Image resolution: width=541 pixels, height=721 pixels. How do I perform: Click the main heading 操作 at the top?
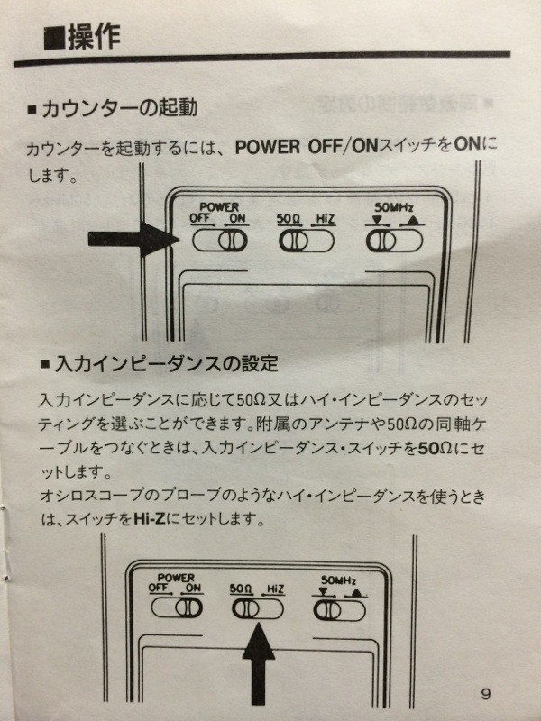[95, 37]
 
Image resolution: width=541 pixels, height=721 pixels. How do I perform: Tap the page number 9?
[486, 694]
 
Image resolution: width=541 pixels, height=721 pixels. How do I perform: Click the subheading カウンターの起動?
[120, 108]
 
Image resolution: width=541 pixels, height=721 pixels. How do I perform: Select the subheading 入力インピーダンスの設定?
[166, 364]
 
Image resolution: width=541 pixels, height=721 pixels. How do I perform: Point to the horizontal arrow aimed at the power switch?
[133, 239]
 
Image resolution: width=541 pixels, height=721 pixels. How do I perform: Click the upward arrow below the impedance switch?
[259, 663]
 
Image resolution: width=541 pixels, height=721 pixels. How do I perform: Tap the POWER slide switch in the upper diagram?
[220, 240]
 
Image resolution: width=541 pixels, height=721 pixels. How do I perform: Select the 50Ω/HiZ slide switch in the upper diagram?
[307, 241]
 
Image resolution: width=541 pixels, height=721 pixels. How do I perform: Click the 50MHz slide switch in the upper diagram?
[394, 241]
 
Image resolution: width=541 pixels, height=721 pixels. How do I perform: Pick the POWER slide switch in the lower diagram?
[177, 607]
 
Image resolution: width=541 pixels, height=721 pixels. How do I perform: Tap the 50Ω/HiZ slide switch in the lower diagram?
[258, 609]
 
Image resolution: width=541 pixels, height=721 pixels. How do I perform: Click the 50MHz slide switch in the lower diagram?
[340, 611]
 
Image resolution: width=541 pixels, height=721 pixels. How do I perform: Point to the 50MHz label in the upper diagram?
[394, 207]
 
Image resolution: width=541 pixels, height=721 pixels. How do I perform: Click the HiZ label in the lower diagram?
[275, 589]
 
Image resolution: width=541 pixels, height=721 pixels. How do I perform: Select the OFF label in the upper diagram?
[200, 217]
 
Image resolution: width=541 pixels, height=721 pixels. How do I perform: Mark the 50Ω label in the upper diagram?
[289, 219]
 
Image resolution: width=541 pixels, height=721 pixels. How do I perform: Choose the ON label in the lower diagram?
[193, 588]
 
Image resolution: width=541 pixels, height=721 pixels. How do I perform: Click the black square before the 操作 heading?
[54, 39]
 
